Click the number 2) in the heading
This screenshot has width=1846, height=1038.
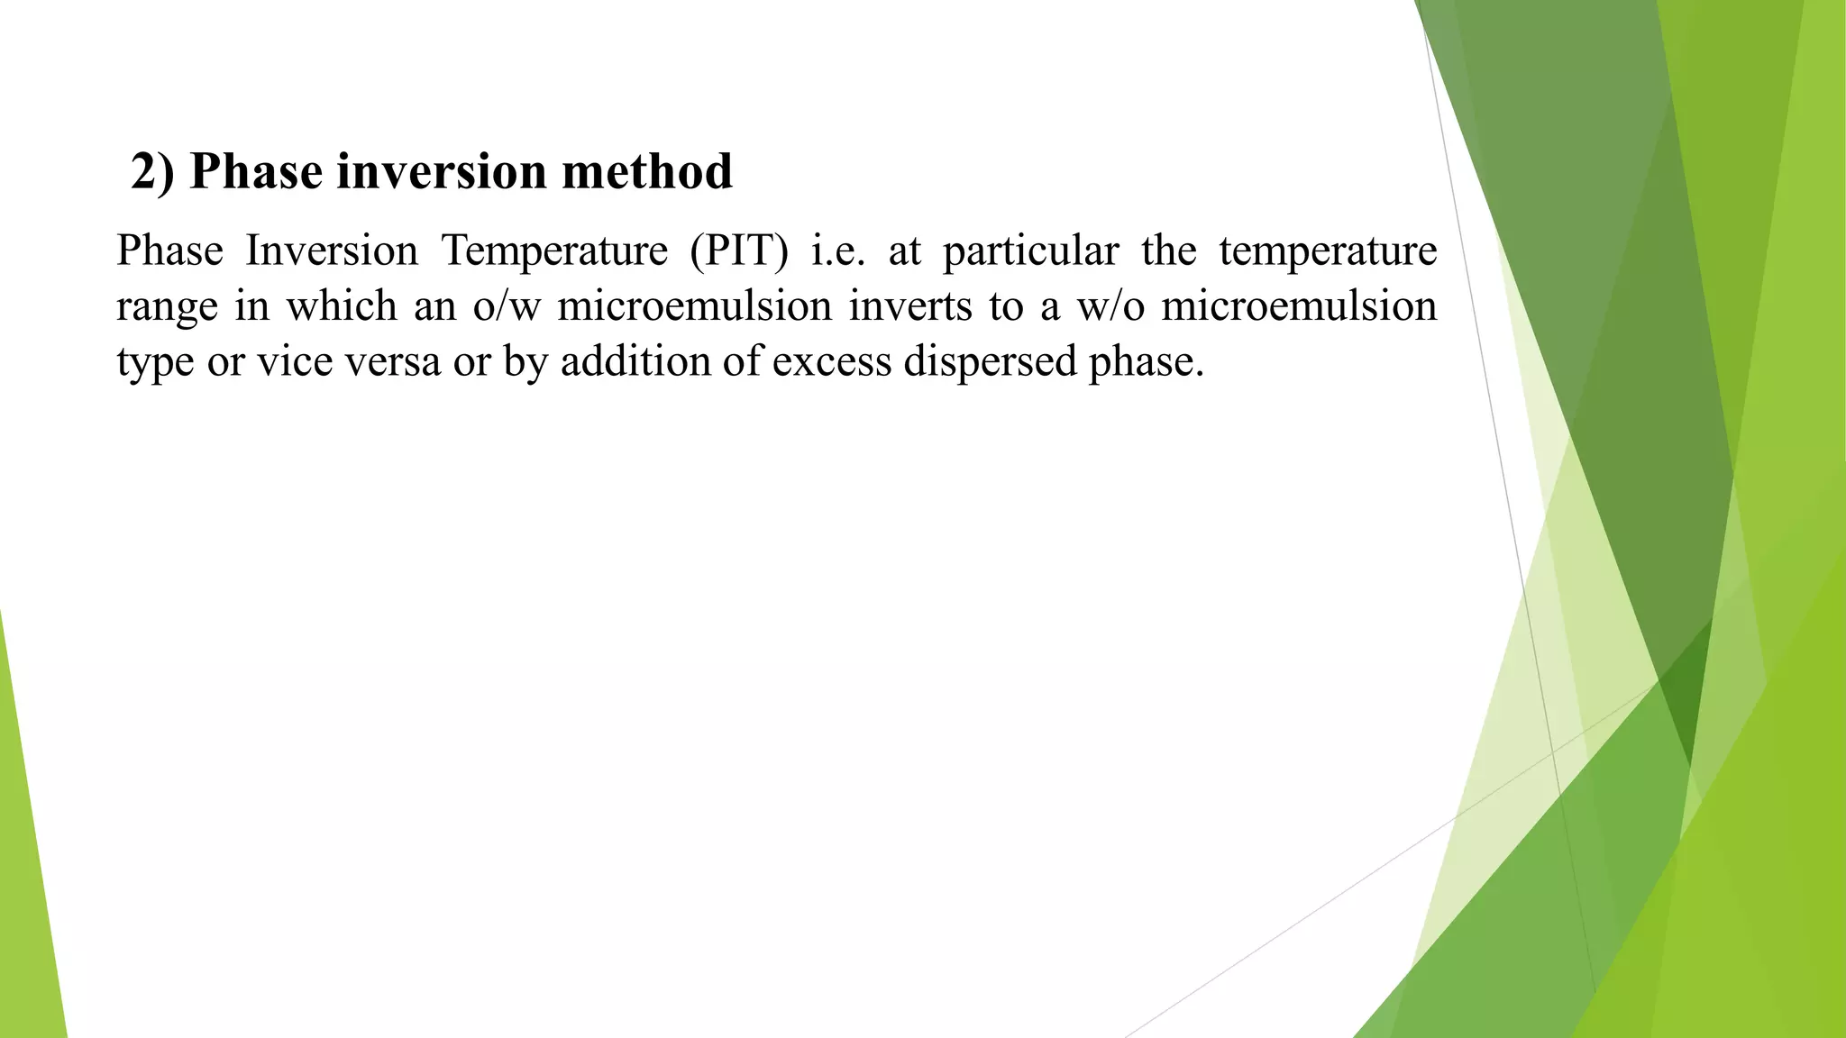click(x=153, y=171)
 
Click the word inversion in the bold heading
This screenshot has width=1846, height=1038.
click(x=442, y=171)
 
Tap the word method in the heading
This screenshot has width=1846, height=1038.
click(x=647, y=171)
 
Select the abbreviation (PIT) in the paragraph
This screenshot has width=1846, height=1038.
click(x=739, y=250)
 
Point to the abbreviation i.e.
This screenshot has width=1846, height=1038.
click(x=838, y=250)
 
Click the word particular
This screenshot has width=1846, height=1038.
click(x=1030, y=250)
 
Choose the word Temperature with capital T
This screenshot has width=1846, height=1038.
click(x=554, y=250)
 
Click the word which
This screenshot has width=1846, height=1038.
click(x=342, y=306)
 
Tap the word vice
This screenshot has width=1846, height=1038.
click(x=287, y=362)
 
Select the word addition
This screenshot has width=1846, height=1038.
click(x=635, y=362)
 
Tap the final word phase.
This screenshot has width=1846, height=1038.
click(x=1145, y=362)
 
